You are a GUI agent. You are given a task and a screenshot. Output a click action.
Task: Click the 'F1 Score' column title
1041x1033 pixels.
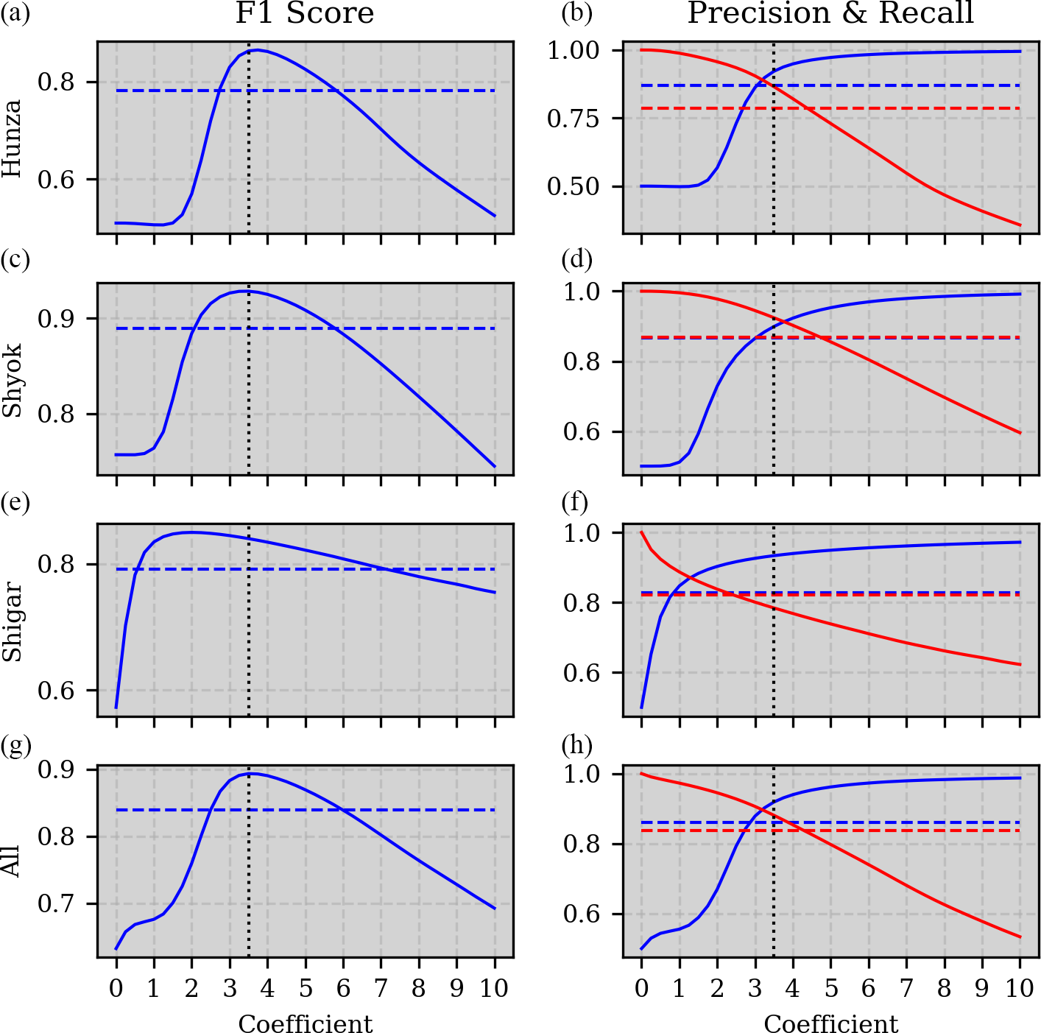(x=305, y=14)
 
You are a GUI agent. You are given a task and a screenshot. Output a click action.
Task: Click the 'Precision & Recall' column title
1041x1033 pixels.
(x=830, y=14)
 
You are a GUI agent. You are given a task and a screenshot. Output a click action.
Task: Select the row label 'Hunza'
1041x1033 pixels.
(x=13, y=138)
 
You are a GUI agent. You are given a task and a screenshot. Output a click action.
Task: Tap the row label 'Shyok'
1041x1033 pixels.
(x=13, y=380)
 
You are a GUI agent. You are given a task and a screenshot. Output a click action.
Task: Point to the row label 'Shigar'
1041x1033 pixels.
(x=13, y=621)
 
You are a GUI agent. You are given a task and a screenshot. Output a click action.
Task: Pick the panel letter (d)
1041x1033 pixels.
(x=576, y=259)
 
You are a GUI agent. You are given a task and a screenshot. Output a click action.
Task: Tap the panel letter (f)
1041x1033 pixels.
(x=575, y=502)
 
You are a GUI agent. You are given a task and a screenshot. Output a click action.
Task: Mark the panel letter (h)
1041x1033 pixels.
(x=576, y=745)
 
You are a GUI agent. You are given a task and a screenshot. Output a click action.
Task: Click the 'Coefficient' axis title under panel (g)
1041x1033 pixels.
(x=305, y=1023)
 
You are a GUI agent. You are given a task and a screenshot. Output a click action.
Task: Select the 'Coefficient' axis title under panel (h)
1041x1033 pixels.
(x=830, y=1023)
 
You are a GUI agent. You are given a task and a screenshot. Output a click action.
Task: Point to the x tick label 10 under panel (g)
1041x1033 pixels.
(x=494, y=988)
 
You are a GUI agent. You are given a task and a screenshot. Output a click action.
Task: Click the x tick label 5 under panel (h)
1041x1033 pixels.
(x=830, y=988)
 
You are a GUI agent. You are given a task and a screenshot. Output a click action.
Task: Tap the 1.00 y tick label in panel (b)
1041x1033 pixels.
(x=574, y=50)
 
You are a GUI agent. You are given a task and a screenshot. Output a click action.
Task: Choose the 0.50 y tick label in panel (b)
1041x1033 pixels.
(x=574, y=186)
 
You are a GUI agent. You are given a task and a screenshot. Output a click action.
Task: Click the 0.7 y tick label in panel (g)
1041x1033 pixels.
(x=56, y=903)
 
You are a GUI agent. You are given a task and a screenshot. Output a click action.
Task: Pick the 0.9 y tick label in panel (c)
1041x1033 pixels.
(x=56, y=319)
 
